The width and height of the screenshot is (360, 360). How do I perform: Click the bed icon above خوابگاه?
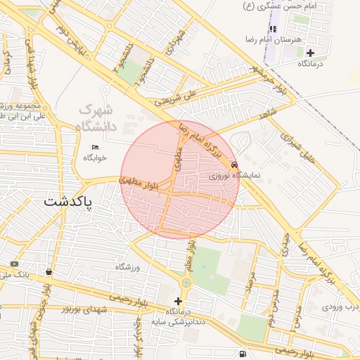click(95, 148)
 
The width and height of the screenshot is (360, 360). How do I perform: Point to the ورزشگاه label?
click(129, 267)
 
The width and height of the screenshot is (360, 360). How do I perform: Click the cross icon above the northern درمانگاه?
click(310, 53)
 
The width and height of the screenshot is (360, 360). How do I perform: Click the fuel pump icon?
click(243, 353)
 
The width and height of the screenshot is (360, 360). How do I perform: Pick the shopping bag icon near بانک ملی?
click(49, 272)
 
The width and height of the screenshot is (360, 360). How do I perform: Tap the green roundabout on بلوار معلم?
click(186, 283)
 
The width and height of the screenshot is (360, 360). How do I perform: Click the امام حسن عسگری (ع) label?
click(278, 6)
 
